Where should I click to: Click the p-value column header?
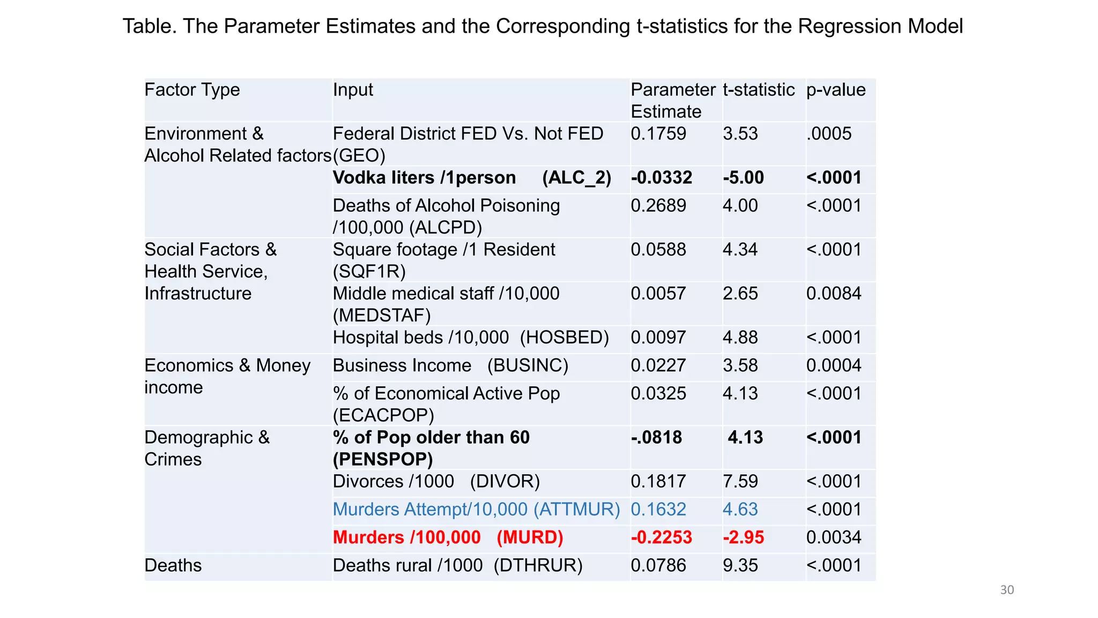[x=835, y=90]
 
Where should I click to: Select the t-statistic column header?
[x=758, y=90]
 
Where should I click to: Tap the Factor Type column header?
[x=192, y=90]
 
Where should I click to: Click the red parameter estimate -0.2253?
[x=661, y=538]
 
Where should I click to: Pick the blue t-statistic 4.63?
[x=740, y=509]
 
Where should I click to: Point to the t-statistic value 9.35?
[x=740, y=565]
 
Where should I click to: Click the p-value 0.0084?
[x=834, y=293]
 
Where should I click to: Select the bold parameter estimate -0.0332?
[x=661, y=178]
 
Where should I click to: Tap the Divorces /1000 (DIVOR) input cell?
[x=436, y=481]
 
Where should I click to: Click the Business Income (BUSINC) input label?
[x=450, y=365]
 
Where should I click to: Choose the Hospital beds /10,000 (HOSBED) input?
[x=470, y=337]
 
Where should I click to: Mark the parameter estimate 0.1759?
[x=658, y=134]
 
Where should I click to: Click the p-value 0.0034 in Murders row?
[x=834, y=538]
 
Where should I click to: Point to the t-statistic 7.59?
[x=740, y=481]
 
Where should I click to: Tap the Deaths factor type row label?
[x=173, y=565]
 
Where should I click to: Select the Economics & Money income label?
[x=227, y=376]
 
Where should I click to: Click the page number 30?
[x=1006, y=590]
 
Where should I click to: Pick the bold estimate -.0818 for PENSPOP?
[x=656, y=437]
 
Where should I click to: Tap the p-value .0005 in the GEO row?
[x=828, y=134]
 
